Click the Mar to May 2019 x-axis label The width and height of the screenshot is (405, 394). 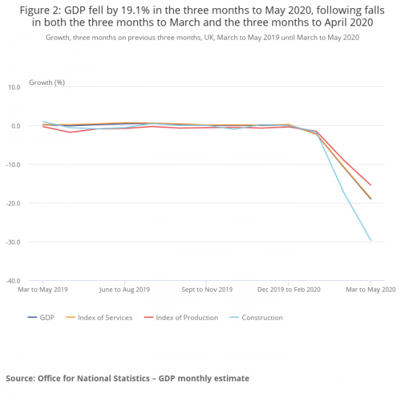(x=42, y=290)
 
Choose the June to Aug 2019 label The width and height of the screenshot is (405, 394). (x=124, y=290)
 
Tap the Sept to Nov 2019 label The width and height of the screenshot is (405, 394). (x=206, y=290)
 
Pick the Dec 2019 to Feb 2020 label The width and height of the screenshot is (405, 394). (x=288, y=290)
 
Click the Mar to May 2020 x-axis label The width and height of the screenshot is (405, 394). (x=371, y=290)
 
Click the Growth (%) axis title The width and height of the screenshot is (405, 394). (x=47, y=82)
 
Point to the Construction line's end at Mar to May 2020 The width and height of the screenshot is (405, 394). (x=371, y=240)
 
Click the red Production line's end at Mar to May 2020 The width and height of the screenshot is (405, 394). (x=371, y=185)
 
